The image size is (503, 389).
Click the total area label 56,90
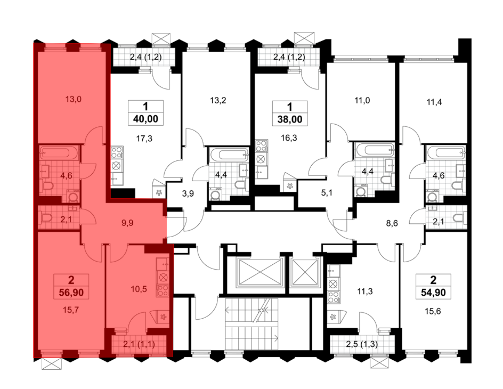71,292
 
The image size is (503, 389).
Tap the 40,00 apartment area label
146,119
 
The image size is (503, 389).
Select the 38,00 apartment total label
290,119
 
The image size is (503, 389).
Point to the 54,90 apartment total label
433,292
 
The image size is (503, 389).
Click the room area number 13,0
73,99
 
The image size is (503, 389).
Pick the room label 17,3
144,138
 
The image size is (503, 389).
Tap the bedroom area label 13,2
218,101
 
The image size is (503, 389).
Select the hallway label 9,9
127,223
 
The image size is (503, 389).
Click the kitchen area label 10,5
139,289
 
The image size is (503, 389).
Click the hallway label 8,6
392,223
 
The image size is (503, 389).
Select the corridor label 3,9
188,193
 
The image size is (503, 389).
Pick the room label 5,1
327,193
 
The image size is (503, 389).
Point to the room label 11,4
434,102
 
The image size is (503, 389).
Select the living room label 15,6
433,312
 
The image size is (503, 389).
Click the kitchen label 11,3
365,292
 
